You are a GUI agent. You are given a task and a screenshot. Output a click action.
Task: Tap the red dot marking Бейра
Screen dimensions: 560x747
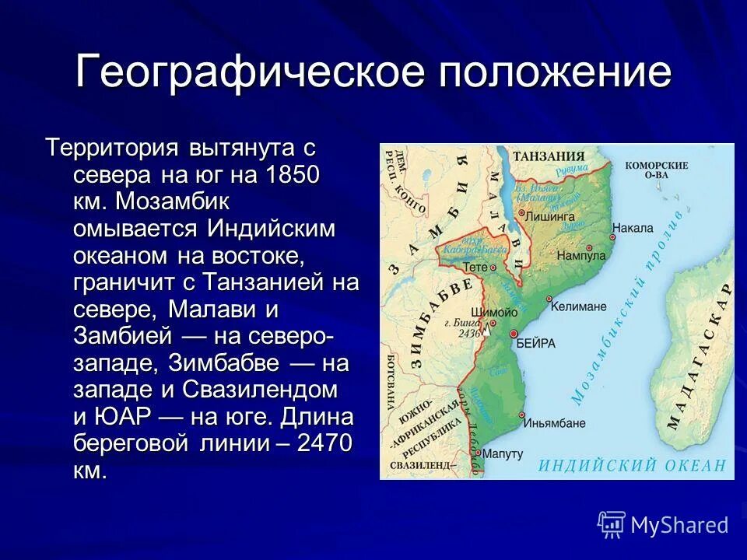point(514,334)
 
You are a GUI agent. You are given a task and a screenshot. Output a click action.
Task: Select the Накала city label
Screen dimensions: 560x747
point(633,229)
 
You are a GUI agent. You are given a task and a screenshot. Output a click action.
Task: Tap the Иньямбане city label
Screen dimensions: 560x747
point(556,423)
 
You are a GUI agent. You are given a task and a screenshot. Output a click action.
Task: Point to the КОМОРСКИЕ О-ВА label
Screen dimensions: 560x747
point(657,170)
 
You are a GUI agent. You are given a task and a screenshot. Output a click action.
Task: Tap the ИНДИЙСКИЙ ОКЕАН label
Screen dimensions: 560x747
point(632,465)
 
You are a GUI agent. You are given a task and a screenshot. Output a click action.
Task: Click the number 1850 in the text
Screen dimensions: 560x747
point(293,173)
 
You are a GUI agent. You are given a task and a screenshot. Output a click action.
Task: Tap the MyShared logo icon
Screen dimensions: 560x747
point(612,524)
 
